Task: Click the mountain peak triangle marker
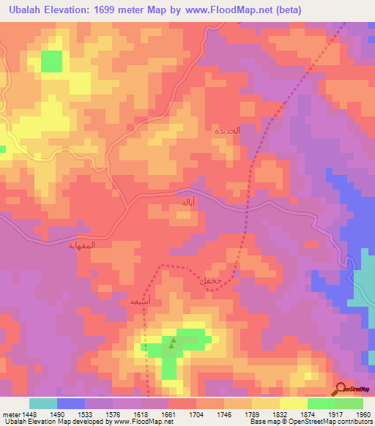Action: pos(174,340)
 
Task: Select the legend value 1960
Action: pos(363,414)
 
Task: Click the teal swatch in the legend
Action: pos(42,403)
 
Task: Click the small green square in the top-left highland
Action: pos(51,61)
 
